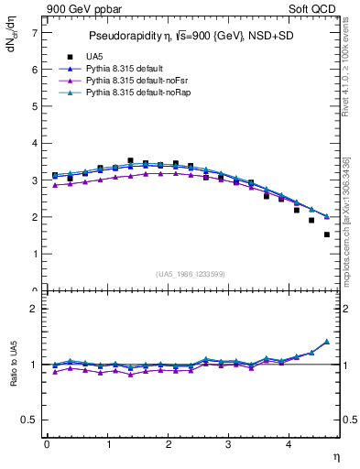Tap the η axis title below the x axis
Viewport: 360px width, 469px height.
(335, 455)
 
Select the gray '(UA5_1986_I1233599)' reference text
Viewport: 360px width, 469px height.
(191, 275)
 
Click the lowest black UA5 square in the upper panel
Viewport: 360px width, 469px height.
(327, 234)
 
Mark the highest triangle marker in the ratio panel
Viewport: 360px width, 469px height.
(327, 342)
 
